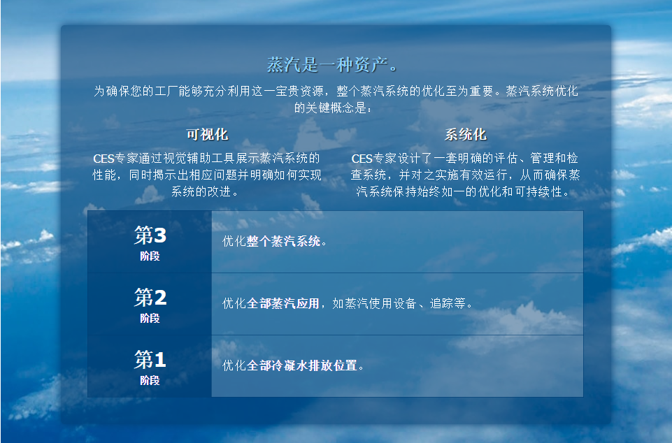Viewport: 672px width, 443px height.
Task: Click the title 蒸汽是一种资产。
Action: pos(332,65)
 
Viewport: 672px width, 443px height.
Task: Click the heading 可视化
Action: pos(207,135)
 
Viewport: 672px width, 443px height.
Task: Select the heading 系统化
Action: pos(466,135)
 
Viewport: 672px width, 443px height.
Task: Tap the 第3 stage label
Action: pos(150,235)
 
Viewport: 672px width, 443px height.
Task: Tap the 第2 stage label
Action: pos(150,298)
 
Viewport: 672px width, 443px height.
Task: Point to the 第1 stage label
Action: pos(150,359)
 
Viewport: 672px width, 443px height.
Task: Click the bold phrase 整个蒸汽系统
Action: pos(283,241)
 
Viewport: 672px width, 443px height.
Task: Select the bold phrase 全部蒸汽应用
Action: pos(283,303)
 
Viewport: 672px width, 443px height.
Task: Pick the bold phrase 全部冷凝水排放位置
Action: pos(301,365)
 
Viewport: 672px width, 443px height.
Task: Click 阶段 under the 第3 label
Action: pos(150,256)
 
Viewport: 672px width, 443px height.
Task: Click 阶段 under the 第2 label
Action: pos(150,319)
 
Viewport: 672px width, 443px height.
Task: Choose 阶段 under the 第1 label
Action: pos(150,380)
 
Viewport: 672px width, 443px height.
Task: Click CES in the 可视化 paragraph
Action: pos(103,159)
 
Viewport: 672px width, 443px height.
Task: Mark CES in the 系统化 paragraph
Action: pos(362,159)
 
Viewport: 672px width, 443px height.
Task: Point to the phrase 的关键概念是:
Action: pos(333,108)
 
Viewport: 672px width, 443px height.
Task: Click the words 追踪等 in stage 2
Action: pos(448,303)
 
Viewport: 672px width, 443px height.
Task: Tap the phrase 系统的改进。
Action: pos(204,191)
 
